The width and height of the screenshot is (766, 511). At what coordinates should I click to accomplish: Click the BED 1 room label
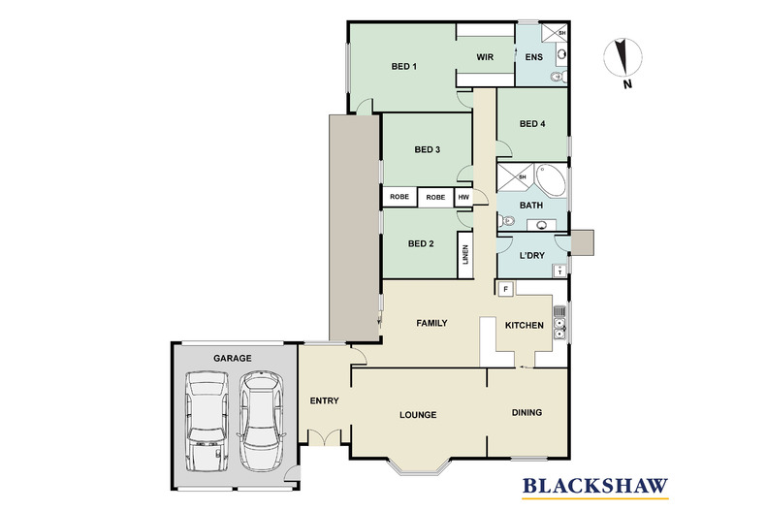[x=403, y=67]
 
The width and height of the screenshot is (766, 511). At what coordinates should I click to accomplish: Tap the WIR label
[x=486, y=57]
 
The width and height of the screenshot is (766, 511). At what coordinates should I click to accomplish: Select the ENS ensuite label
[x=533, y=57]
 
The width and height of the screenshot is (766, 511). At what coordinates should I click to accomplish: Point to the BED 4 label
[x=532, y=123]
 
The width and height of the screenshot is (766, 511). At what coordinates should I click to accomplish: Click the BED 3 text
[x=428, y=149]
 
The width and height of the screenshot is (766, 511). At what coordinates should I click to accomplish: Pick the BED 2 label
[x=420, y=243]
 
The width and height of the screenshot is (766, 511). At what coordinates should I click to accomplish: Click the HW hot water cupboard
[x=463, y=197]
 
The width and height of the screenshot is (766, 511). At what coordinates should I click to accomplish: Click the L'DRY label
[x=532, y=255]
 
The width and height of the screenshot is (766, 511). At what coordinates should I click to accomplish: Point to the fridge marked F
[x=505, y=289]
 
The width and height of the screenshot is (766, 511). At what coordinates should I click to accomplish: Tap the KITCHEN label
[x=524, y=325]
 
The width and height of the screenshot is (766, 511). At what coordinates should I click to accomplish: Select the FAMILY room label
[x=431, y=323]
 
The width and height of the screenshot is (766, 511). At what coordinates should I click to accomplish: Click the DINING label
[x=527, y=412]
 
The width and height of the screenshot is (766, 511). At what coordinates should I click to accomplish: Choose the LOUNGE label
[x=418, y=414]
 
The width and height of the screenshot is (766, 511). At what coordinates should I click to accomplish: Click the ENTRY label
[x=323, y=399]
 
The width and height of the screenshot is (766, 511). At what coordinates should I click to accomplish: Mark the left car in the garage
[x=207, y=423]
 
